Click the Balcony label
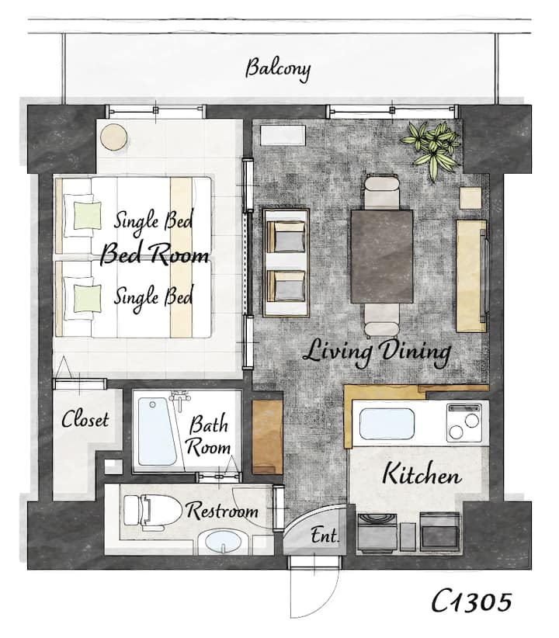coord(278,70)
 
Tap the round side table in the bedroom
coord(114,137)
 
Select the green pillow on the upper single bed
coord(87,215)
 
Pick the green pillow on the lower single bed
coord(87,298)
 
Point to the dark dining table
coord(381,256)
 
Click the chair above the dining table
coord(381,192)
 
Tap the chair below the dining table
coord(381,321)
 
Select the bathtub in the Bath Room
coord(158,432)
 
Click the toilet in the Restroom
coord(152,511)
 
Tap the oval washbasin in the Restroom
coord(223,543)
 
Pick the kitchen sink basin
coord(387,424)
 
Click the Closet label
coord(85,419)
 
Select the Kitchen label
coord(422,474)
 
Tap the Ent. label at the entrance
coord(325,536)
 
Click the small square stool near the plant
coord(470,198)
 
